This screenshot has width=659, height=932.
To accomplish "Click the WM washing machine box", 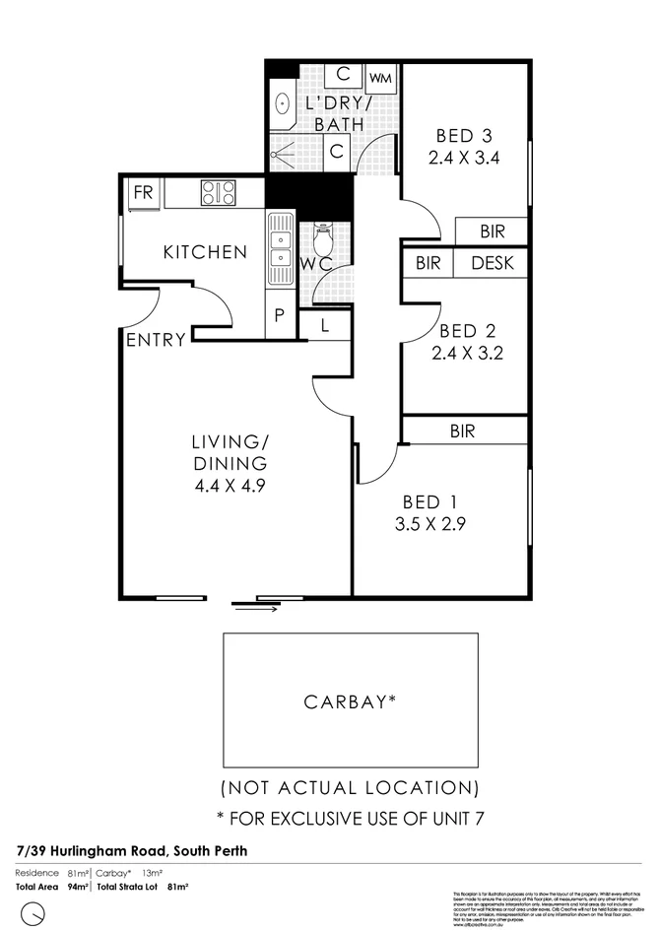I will click(380, 77).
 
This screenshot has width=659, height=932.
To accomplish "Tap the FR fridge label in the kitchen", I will click(144, 191).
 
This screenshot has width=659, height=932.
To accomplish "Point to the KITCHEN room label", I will click(205, 252).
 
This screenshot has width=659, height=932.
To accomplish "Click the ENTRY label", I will click(156, 340).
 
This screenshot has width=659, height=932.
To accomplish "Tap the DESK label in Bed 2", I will click(493, 263).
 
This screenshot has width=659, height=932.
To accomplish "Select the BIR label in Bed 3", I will click(493, 232).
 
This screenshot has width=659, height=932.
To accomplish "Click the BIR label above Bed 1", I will click(463, 431).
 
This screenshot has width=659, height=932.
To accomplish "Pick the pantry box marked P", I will click(279, 315).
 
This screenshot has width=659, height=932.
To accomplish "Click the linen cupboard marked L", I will click(324, 323).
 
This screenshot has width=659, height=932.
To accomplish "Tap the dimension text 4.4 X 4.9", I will click(231, 484).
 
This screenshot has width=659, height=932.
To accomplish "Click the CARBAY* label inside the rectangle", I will click(350, 702).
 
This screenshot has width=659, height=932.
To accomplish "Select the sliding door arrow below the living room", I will click(256, 608).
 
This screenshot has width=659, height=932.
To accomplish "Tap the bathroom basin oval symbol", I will click(281, 102).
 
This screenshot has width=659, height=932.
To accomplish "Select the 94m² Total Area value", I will click(79, 887).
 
